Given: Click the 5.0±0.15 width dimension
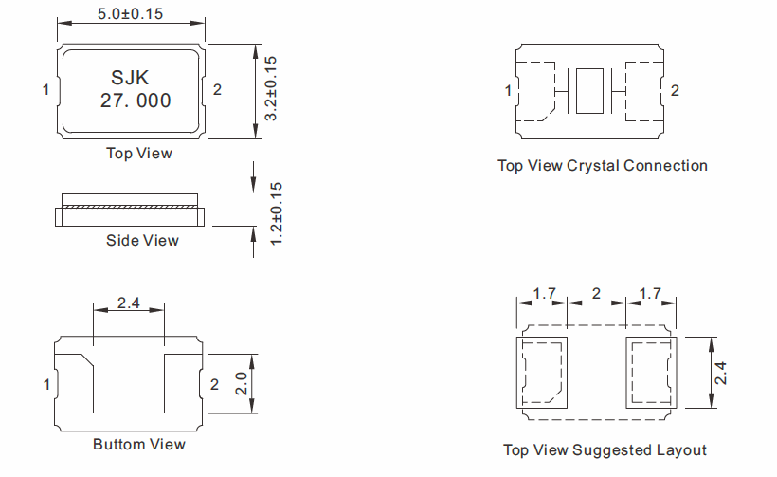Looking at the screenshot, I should tap(130, 14).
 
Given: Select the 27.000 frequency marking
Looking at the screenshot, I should tap(136, 101).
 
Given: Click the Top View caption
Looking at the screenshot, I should tap(138, 153).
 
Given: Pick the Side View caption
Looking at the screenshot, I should tap(142, 241).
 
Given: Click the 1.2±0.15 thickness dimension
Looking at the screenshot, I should tap(277, 214).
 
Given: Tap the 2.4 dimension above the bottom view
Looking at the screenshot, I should tap(129, 304).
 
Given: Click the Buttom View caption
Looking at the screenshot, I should tap(139, 444).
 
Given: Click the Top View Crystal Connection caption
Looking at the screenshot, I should tap(603, 166).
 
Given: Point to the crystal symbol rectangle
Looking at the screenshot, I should tap(589, 91).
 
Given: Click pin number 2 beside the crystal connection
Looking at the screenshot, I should tap(675, 91).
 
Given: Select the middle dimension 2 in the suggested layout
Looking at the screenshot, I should tap(595, 294).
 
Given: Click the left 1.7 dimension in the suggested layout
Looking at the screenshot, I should tap(543, 294).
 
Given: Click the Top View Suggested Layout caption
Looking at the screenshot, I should tap(605, 450).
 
